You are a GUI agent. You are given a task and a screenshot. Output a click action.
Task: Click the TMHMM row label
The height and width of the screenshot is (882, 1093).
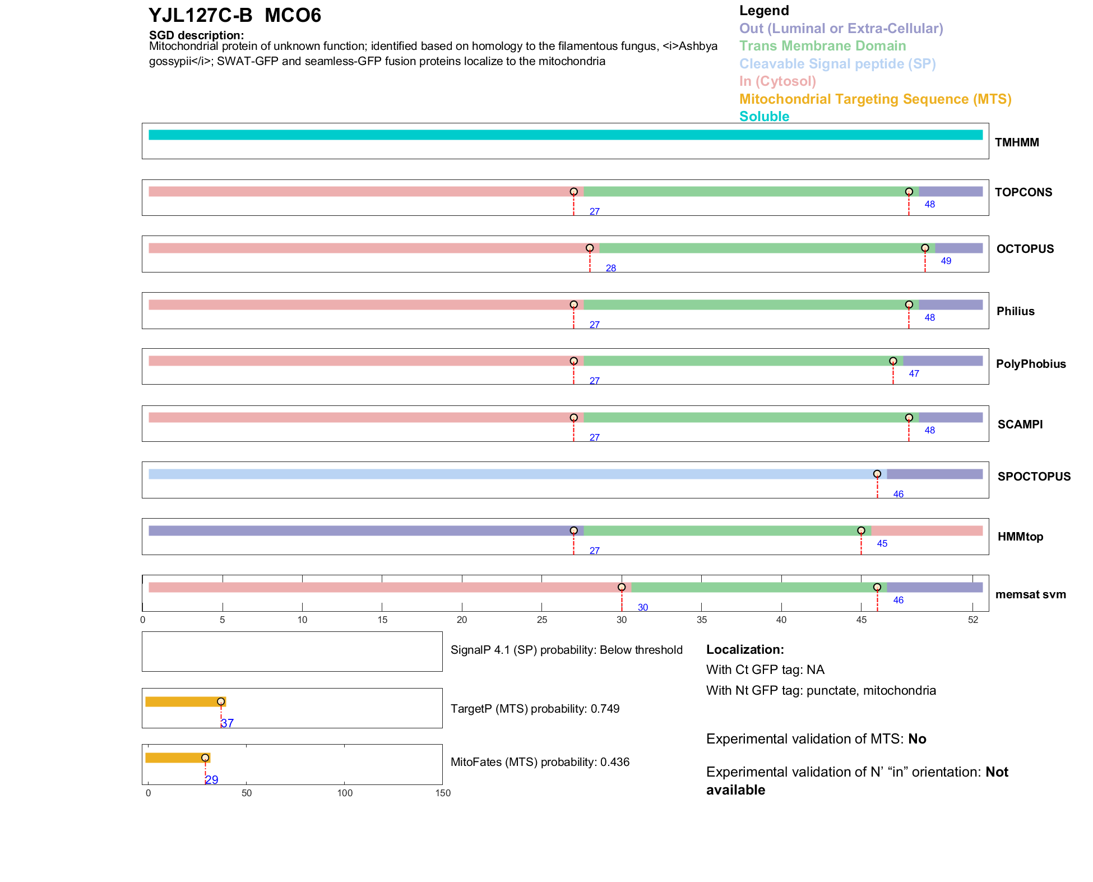(1016, 142)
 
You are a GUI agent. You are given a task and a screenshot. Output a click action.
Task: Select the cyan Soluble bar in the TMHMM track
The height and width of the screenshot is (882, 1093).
(565, 135)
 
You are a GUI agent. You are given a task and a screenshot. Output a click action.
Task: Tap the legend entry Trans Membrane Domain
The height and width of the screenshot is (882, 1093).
(822, 46)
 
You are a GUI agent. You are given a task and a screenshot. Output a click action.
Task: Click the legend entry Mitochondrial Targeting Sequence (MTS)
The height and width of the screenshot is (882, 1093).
(875, 99)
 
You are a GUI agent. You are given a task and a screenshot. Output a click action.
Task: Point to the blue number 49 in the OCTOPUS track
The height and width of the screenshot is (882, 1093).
(946, 261)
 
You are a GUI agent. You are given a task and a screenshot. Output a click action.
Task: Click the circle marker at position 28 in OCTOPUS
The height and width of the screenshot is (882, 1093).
(590, 248)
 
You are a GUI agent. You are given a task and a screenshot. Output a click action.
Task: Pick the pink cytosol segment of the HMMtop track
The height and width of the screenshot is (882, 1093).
(927, 531)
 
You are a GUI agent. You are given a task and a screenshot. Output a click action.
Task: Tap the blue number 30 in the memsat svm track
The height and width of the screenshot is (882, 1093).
(642, 607)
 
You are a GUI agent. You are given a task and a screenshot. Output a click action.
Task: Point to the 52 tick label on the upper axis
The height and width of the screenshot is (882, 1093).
(972, 620)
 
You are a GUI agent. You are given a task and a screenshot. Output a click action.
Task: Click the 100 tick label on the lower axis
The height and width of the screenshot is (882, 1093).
(345, 793)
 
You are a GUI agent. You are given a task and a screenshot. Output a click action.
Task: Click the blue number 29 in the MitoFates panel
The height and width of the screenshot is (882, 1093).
(212, 779)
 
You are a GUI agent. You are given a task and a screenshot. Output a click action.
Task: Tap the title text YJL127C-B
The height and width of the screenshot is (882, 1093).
(200, 15)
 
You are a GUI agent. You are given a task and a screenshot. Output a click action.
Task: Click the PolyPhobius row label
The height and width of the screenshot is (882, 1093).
(1030, 364)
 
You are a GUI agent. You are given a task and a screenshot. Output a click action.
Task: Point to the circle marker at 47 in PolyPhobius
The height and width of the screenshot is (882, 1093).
(893, 361)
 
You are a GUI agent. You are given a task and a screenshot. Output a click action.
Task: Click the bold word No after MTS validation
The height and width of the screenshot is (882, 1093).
(917, 739)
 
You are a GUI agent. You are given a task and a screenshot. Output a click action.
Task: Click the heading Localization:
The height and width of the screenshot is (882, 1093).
(744, 649)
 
